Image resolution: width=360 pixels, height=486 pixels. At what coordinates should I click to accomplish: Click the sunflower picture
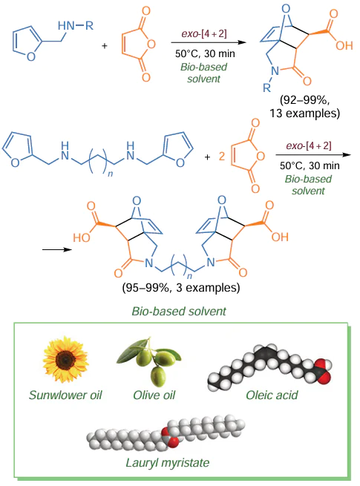[65, 359]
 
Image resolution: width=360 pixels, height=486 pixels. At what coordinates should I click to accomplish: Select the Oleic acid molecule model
[269, 367]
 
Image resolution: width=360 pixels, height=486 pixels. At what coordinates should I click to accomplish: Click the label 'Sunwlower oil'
[65, 395]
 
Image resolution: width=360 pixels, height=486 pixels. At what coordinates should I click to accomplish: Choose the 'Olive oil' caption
[154, 395]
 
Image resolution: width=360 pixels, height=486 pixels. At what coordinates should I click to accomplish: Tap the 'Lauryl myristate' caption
[168, 462]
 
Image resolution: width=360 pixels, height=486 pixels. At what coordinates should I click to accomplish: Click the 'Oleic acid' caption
[272, 395]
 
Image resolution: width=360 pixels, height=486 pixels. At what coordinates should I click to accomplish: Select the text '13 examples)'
[305, 113]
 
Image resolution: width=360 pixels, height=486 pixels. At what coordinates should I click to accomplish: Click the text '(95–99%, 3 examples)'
[181, 288]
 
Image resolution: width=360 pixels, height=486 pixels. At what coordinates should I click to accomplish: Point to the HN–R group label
[76, 25]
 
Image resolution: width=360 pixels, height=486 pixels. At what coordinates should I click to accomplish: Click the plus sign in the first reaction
[105, 46]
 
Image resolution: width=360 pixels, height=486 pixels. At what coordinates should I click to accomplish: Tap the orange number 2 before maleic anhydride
[221, 157]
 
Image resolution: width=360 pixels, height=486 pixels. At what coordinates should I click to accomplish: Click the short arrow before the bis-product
[57, 249]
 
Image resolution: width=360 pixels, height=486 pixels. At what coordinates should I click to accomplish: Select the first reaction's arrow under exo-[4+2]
[209, 42]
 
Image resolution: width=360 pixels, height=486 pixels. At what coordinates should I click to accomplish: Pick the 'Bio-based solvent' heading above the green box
[179, 311]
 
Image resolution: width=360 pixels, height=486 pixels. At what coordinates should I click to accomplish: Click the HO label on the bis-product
[82, 237]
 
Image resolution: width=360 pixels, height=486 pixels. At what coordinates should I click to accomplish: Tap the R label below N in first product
[266, 88]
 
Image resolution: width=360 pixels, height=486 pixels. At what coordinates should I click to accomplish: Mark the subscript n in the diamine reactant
[110, 174]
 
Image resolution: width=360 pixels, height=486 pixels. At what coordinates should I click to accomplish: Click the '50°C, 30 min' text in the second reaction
[310, 165]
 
